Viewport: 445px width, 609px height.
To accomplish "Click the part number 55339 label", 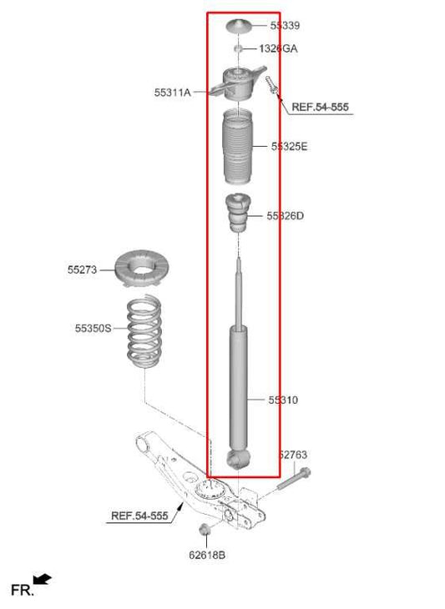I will point(286,26).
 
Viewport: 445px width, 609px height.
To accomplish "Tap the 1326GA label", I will point(278,49).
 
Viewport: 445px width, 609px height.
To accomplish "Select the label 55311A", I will point(172,92).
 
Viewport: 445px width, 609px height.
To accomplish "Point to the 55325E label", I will point(289,146).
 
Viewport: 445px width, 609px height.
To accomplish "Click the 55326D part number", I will point(285,216).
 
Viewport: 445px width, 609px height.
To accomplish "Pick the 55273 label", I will point(83,269).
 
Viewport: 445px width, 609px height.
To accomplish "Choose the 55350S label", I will point(93,329).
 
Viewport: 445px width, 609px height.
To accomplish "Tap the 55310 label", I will point(283,400).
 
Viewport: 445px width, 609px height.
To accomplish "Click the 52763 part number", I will point(292,455).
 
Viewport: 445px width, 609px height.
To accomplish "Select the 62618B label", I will point(206,554).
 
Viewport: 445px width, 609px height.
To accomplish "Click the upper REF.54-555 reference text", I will point(321,108).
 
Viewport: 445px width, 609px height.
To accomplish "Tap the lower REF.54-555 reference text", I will point(140,516).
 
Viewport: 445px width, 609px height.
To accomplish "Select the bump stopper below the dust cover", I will point(237,215).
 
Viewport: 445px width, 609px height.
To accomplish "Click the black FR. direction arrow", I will point(43,578).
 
